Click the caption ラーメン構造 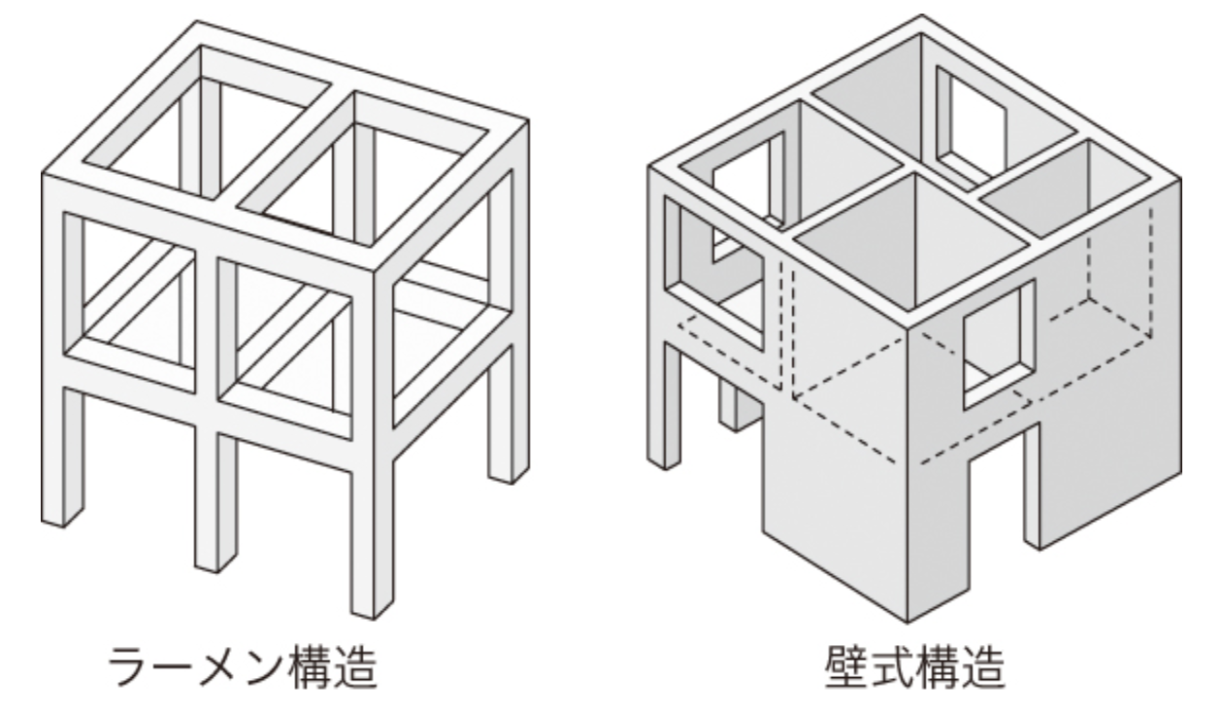[x=243, y=666]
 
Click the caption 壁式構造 [x=914, y=666]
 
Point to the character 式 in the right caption [x=892, y=666]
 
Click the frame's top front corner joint [x=375, y=270]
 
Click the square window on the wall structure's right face [x=999, y=344]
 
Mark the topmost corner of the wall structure [x=922, y=15]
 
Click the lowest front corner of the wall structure [x=908, y=622]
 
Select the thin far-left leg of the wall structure [x=664, y=404]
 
